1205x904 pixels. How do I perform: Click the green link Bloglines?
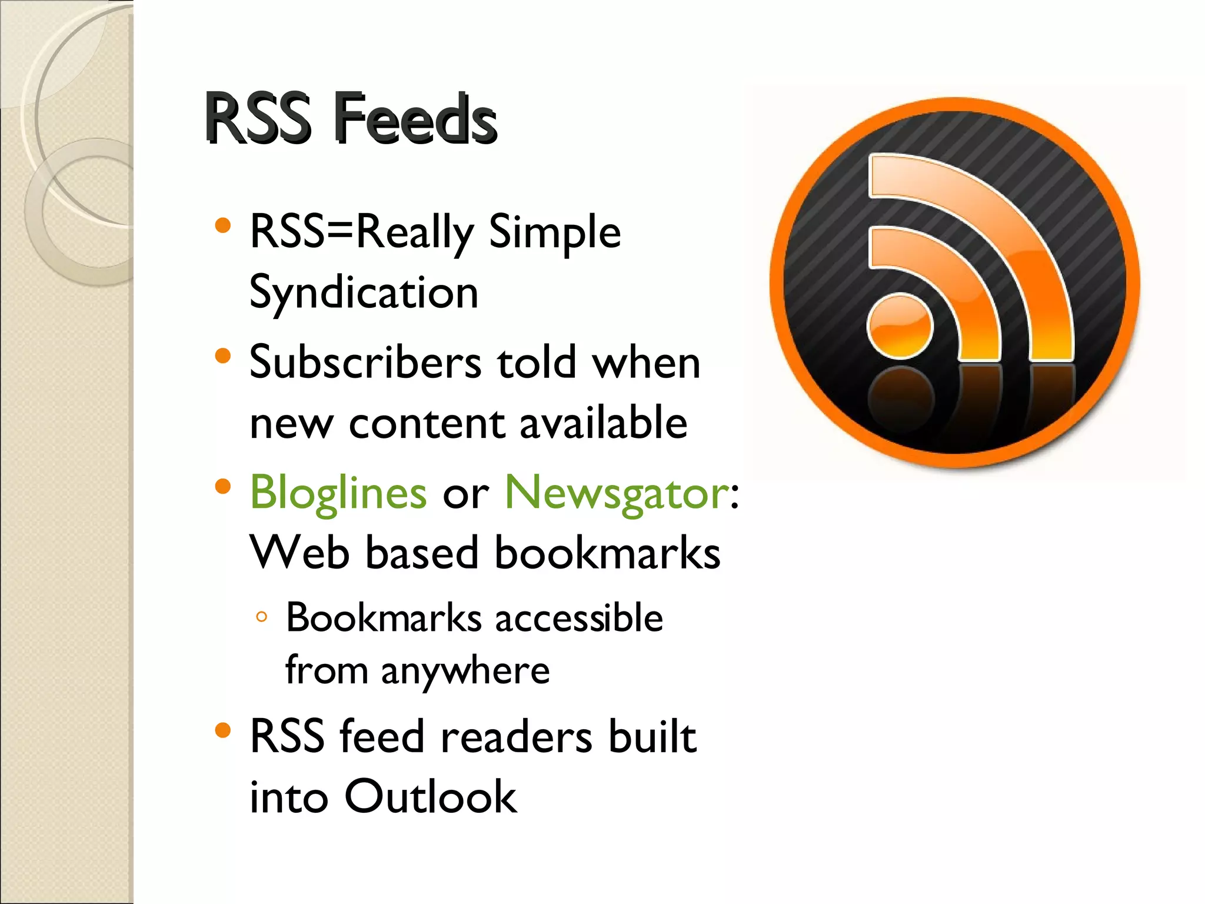tap(338, 493)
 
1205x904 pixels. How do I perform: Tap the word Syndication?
tap(364, 293)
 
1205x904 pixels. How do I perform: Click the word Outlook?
tap(430, 797)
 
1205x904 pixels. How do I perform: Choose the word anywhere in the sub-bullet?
tap(465, 671)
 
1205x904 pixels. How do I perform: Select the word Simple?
tap(554, 232)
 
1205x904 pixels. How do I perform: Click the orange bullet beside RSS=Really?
tap(222, 225)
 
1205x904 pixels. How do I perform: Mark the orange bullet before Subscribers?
tap(222, 355)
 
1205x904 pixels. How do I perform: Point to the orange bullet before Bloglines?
tap(222, 486)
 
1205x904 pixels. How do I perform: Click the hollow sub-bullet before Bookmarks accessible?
tap(262, 617)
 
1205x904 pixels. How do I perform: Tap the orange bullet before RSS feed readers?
tap(222, 730)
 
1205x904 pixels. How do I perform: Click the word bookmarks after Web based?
tap(607, 553)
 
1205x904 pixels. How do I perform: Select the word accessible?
tap(579, 618)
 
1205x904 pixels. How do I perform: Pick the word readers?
tap(516, 737)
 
